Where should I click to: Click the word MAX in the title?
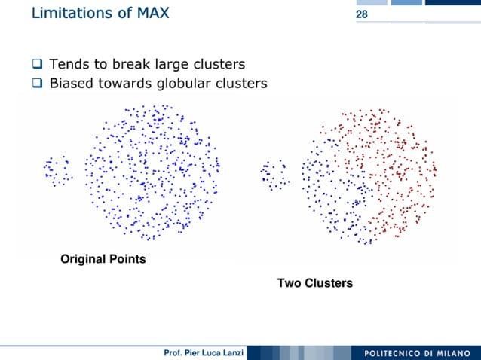point(149,13)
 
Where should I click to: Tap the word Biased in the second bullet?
point(72,84)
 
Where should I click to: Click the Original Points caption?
point(103,260)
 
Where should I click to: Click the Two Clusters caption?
point(314,284)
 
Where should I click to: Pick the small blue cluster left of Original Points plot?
point(57,170)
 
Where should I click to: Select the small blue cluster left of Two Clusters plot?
point(273,173)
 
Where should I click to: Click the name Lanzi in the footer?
point(229,354)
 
